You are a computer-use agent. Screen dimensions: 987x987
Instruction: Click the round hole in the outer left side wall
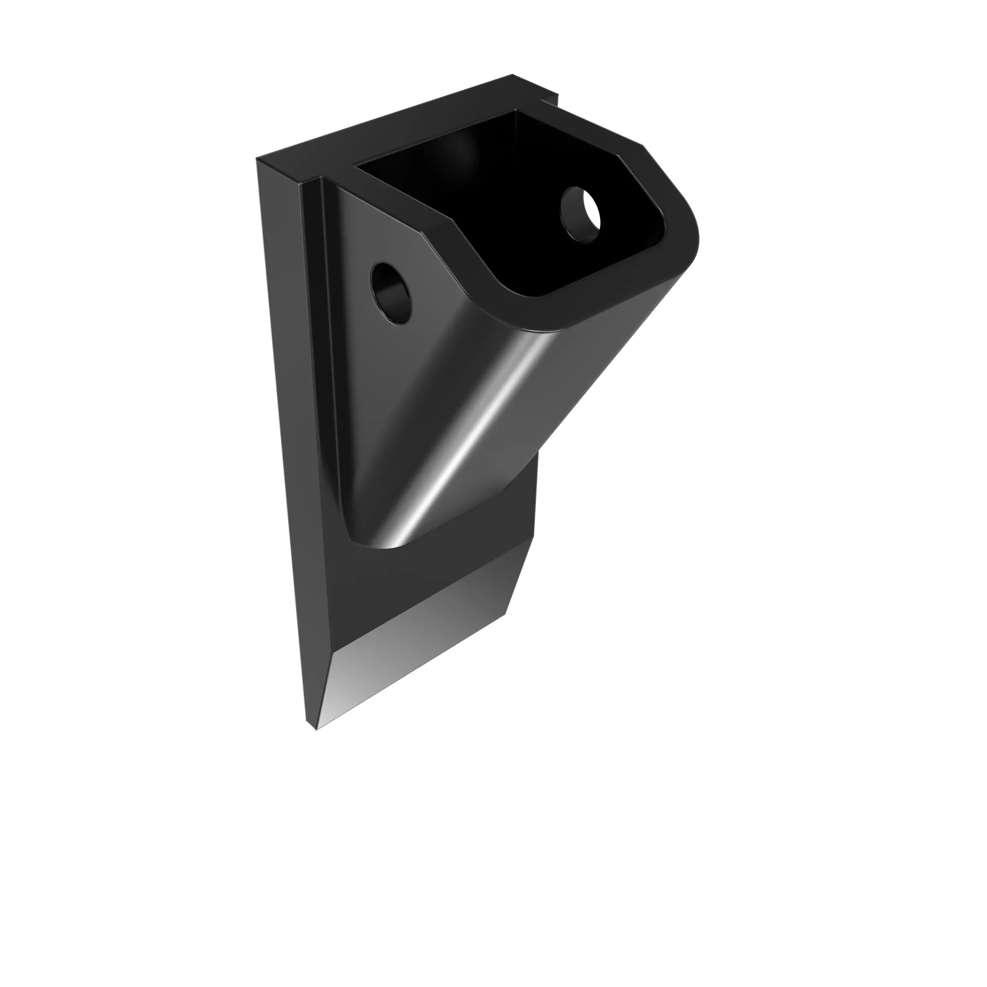(x=391, y=293)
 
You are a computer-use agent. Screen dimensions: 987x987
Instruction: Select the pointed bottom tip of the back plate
(x=317, y=728)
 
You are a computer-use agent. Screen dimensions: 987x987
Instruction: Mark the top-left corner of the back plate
(x=258, y=159)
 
